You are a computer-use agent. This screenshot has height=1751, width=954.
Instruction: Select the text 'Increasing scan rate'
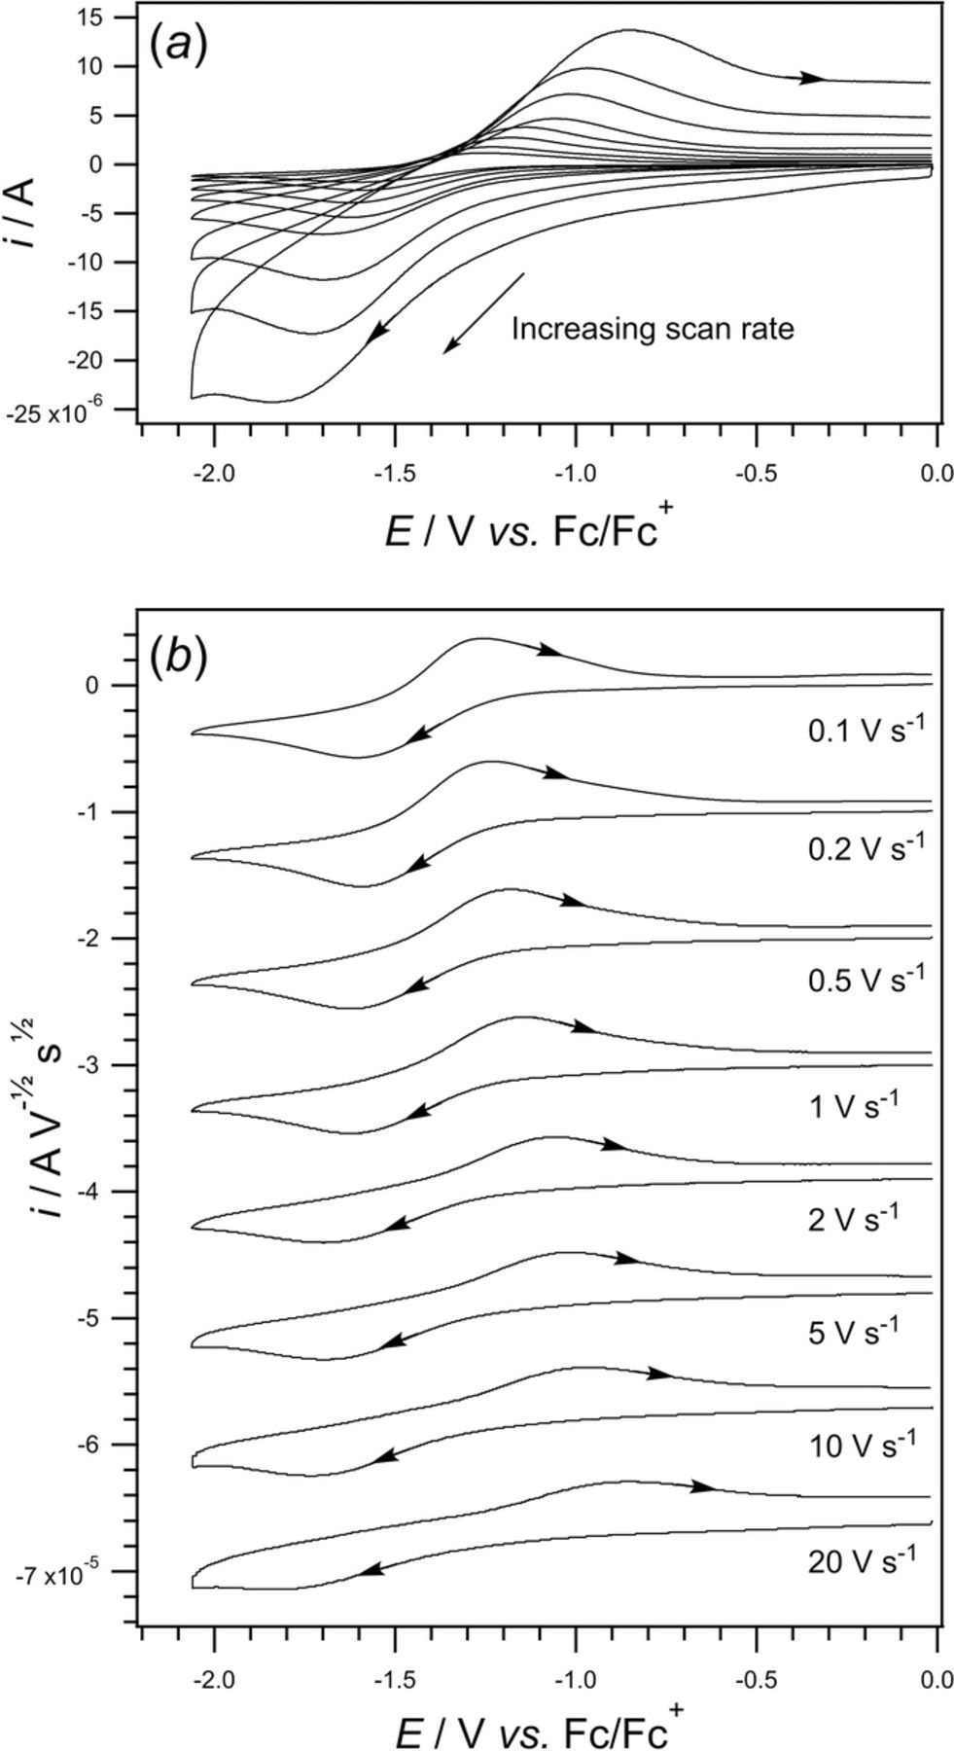pos(653,329)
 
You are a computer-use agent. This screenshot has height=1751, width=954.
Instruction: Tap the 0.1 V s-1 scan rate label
pos(863,731)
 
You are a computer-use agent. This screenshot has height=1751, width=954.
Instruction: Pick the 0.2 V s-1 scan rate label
pos(863,848)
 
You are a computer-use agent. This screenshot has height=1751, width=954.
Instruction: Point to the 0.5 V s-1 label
pos(863,978)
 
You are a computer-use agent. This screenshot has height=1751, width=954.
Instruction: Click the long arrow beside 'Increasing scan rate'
pos(483,313)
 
